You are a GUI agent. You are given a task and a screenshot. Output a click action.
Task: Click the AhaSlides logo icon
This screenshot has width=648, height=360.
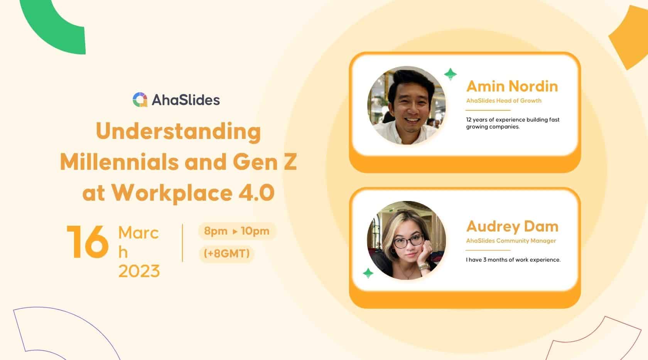tap(140, 100)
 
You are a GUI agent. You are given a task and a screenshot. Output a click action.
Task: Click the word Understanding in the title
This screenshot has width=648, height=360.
tap(178, 132)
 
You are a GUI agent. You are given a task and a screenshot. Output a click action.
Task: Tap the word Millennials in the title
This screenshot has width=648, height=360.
tap(120, 162)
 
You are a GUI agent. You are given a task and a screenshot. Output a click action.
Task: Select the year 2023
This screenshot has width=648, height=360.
tap(139, 271)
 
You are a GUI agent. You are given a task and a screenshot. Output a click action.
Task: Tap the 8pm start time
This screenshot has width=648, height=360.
tap(216, 231)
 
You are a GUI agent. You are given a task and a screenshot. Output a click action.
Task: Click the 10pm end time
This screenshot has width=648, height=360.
tap(255, 231)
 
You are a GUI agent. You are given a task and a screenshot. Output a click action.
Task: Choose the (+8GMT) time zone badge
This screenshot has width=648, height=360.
tap(226, 254)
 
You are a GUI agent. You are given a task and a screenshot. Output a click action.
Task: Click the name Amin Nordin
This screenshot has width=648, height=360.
tap(512, 86)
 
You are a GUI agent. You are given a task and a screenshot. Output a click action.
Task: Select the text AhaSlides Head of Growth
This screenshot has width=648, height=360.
tap(503, 101)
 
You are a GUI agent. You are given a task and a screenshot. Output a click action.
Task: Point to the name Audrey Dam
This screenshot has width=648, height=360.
tap(512, 226)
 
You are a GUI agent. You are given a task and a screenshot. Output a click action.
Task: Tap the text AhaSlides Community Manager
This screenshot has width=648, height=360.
tap(511, 241)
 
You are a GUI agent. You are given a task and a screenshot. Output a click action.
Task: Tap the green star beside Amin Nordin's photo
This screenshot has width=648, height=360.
tap(450, 74)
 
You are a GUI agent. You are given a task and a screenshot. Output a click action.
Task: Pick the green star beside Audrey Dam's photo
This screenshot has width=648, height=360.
tap(368, 273)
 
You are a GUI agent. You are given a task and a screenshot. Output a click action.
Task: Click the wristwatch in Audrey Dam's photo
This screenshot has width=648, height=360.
tap(424, 266)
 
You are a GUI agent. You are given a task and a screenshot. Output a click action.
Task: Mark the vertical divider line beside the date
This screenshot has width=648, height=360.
tap(182, 243)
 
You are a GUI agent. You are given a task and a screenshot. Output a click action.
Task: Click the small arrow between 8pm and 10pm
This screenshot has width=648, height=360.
tap(235, 232)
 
